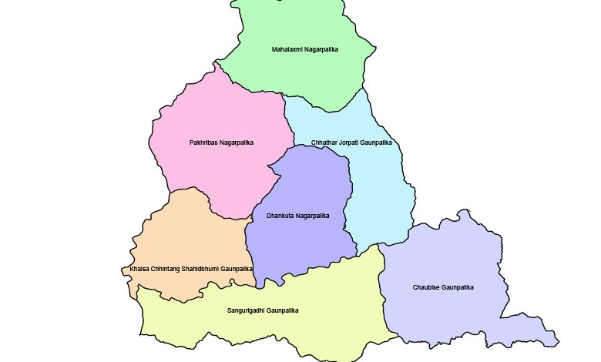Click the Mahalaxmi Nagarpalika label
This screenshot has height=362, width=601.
tap(305, 49)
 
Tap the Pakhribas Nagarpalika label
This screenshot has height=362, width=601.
tap(221, 142)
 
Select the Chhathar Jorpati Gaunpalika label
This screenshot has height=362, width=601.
tap(352, 142)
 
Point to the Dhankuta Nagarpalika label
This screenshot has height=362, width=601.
tap(297, 216)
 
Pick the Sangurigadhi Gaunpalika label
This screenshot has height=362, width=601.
tap(262, 310)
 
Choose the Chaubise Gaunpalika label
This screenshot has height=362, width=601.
tap(443, 287)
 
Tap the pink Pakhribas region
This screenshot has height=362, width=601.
tap(223, 169)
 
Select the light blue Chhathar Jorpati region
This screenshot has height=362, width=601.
tap(378, 193)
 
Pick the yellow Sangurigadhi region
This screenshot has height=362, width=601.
tap(308, 331)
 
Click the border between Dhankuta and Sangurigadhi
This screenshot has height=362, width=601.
tap(308, 270)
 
